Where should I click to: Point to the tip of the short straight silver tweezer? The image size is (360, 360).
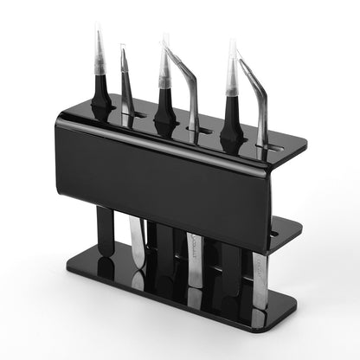pos(123,51)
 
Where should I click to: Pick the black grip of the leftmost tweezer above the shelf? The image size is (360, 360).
pos(101,100)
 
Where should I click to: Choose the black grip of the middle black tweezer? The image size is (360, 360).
pos(165,108)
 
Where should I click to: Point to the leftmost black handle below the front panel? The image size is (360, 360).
pos(105,230)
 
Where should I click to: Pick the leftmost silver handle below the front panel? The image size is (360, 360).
pos(137,242)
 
